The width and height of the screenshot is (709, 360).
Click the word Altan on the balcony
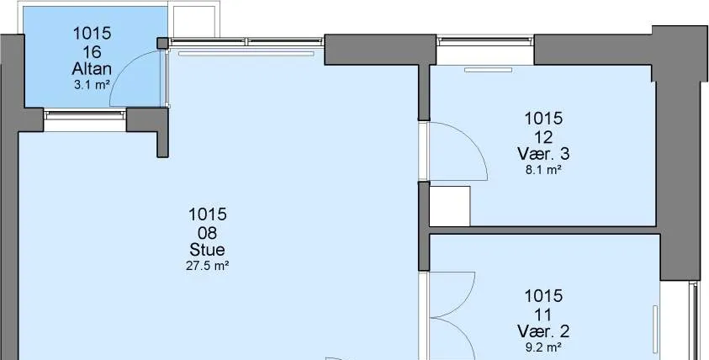point(92,69)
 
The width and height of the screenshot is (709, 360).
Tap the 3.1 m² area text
point(92,85)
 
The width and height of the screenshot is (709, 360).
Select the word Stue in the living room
point(207,250)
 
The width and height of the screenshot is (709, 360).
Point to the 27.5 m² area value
point(207,266)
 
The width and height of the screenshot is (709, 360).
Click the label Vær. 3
point(543,154)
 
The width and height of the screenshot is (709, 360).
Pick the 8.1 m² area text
point(543,170)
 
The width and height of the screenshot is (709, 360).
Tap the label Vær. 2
point(543,331)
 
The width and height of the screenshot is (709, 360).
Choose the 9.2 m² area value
point(543,347)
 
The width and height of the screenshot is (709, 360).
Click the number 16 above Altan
point(92,51)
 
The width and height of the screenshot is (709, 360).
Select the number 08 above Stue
point(207,232)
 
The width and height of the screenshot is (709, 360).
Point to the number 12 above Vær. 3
point(543,136)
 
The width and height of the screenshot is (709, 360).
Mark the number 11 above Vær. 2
point(543,314)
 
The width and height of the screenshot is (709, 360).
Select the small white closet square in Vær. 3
point(449,206)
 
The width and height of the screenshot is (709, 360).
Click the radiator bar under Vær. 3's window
point(489,70)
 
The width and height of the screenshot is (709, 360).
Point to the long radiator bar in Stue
point(246,53)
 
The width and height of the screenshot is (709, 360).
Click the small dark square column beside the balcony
point(162,44)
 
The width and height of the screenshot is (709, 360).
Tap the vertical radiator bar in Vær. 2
point(655,329)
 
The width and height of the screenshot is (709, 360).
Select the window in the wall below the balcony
point(85,115)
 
